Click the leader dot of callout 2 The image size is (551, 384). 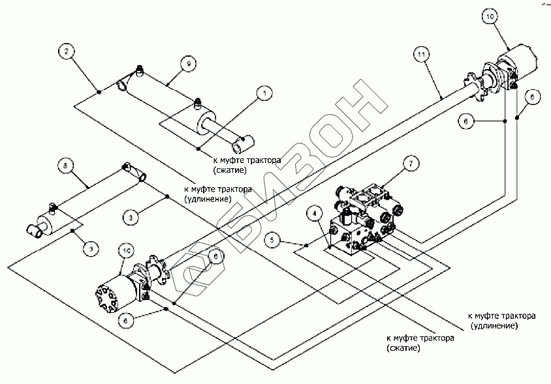[x=98, y=92]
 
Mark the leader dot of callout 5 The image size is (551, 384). [x=306, y=245]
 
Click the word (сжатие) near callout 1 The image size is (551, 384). [x=230, y=169]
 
